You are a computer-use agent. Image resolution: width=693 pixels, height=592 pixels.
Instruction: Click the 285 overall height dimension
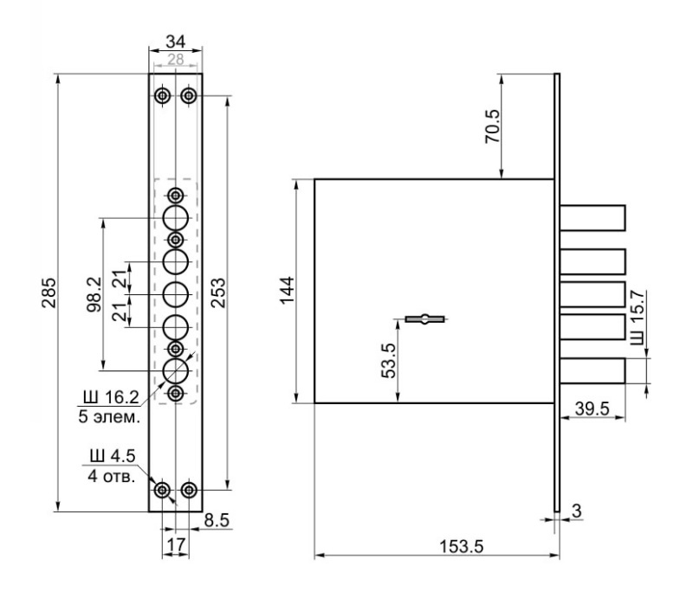[49, 293]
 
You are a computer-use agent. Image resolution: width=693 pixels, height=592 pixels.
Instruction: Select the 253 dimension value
[217, 293]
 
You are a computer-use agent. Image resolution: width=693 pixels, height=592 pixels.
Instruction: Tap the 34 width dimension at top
[176, 42]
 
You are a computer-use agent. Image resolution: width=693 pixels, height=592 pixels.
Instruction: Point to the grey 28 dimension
[176, 59]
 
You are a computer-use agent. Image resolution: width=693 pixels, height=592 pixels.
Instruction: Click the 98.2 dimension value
[94, 294]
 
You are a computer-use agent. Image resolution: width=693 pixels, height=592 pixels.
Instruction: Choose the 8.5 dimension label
[217, 521]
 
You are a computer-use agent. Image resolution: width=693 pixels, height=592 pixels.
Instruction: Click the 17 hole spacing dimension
[176, 544]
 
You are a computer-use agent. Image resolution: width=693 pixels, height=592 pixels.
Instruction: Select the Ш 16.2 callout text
[109, 397]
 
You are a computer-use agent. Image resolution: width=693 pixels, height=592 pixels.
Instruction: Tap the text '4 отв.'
[111, 476]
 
